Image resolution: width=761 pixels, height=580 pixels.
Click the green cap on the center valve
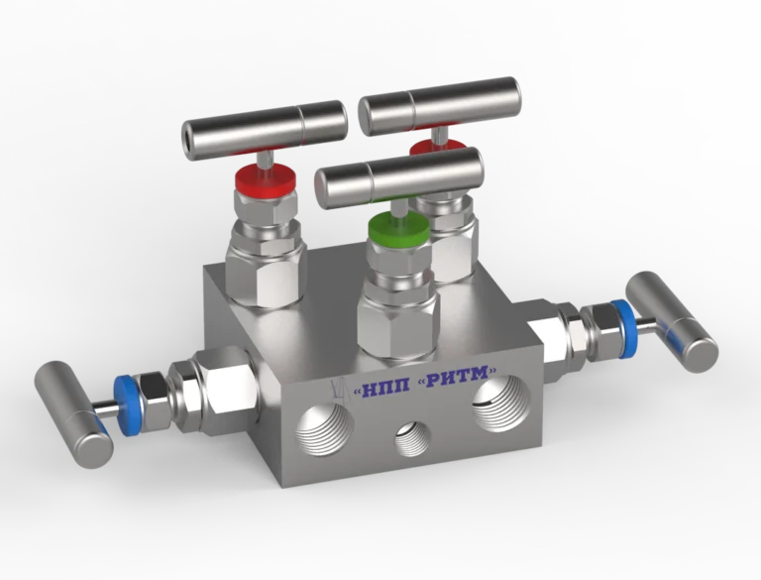point(399,228)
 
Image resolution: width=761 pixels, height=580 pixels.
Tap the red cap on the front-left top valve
point(266,178)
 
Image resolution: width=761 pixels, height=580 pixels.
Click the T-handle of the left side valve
point(72,413)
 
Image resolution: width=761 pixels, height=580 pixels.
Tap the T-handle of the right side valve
point(671,315)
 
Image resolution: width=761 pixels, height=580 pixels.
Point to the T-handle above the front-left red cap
point(265,130)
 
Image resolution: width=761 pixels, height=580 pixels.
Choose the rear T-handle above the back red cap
point(439,106)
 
